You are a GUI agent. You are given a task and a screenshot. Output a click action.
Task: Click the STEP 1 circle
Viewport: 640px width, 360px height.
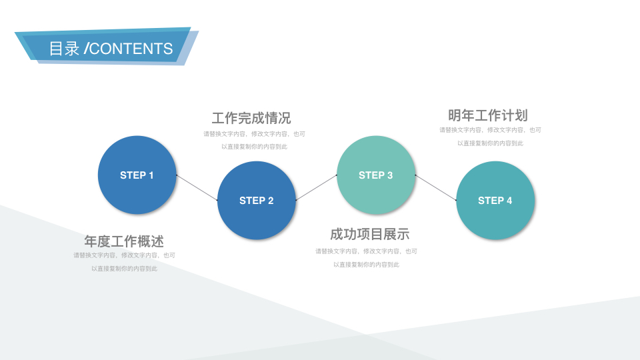tap(137, 175)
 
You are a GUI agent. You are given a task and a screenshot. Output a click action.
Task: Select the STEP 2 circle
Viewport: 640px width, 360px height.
tap(256, 201)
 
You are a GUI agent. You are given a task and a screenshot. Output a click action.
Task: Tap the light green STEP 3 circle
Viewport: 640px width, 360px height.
tap(376, 175)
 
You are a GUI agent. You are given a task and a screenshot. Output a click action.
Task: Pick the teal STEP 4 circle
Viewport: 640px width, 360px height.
tap(495, 201)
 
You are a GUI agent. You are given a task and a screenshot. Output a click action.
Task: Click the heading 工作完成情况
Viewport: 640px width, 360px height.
tap(251, 119)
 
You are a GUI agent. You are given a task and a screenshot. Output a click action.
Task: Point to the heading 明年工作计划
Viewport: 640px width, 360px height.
tap(488, 115)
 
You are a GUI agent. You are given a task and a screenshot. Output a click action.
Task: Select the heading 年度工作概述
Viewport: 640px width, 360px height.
tap(124, 241)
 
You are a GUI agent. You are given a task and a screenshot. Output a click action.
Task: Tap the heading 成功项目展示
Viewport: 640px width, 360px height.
tap(370, 234)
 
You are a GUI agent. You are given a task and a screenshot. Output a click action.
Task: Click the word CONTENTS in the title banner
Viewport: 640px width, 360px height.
tap(131, 49)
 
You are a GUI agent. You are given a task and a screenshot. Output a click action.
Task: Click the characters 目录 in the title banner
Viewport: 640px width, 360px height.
tap(64, 49)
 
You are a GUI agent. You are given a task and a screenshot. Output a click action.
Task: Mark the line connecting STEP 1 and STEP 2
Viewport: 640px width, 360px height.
tap(197, 188)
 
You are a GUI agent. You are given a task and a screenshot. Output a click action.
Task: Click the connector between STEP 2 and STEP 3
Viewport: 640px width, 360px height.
tap(316, 188)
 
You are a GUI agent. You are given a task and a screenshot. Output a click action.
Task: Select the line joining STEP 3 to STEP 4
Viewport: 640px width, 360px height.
tap(435, 188)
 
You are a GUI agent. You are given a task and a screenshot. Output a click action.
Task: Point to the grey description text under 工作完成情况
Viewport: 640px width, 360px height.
tap(254, 140)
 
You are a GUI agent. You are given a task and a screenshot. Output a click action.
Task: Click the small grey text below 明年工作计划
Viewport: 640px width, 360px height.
tap(490, 136)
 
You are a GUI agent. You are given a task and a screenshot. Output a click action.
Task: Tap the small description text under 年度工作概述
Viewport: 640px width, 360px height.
tap(125, 261)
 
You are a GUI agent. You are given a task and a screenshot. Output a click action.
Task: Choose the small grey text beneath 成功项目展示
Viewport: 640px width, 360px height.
tap(367, 257)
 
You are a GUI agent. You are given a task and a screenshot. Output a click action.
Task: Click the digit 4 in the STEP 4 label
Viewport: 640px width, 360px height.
tap(509, 201)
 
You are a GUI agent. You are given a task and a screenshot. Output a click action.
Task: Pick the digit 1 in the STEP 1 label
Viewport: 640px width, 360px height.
tap(151, 175)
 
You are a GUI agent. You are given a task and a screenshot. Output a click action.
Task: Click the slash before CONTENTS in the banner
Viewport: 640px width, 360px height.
tap(86, 49)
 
